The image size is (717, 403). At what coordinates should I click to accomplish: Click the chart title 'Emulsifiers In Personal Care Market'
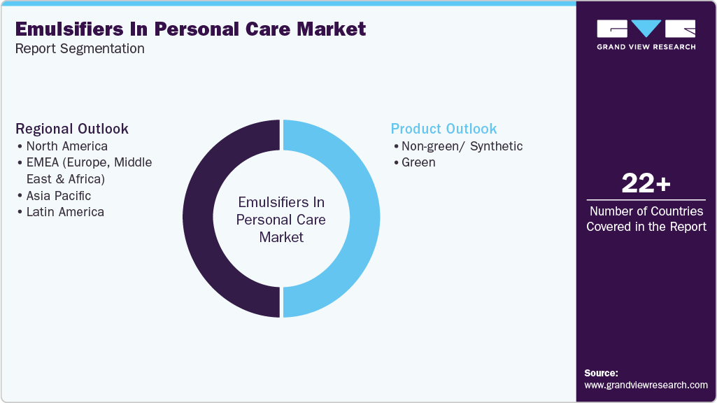pos(190,29)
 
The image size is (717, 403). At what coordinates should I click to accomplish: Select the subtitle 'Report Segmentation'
pos(80,49)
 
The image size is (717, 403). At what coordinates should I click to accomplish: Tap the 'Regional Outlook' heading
pos(72,129)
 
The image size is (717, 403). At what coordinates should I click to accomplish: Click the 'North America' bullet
pos(66,146)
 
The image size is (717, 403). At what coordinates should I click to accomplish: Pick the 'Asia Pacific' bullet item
pos(59,196)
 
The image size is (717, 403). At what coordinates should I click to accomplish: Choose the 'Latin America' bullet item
pos(65,212)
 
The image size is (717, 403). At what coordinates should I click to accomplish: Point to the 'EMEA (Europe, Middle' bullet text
pos(89,162)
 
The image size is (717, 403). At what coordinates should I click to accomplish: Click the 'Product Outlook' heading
pos(443,129)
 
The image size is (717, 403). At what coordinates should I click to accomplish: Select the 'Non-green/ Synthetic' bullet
pos(462,146)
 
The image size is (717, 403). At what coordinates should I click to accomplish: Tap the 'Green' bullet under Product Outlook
pos(418,162)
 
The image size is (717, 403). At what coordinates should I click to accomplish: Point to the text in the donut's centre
pos(281,220)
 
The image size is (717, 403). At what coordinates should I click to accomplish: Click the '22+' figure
pos(646,184)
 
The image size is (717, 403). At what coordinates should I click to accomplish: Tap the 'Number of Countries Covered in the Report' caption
pos(646,219)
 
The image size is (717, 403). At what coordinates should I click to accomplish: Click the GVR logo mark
pos(646,29)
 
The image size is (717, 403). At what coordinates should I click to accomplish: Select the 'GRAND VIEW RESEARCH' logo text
pos(646,47)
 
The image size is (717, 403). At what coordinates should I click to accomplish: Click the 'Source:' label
pos(601,373)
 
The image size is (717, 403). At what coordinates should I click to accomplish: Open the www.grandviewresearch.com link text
pos(646,385)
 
